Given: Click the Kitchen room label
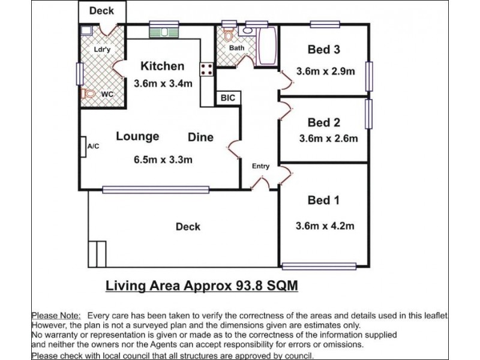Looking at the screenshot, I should (x=162, y=66).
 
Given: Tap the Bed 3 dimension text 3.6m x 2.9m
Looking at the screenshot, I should (x=326, y=71).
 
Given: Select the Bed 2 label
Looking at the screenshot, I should (x=324, y=122).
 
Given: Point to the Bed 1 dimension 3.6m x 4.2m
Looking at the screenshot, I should (x=325, y=226).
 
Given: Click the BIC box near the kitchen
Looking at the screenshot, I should (x=227, y=98).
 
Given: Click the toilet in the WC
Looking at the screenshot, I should (x=88, y=94).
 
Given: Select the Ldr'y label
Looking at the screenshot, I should (x=102, y=50).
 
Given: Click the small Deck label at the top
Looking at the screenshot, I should (x=102, y=11).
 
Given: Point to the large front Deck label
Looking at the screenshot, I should (x=188, y=227).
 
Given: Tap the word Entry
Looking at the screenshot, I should (x=260, y=166).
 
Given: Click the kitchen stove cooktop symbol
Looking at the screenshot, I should (x=207, y=70).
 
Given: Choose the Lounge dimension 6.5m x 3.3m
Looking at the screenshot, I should (x=163, y=160).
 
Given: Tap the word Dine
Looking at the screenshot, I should (x=200, y=137).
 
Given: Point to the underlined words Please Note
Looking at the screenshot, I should (x=56, y=316).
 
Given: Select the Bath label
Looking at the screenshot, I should (x=236, y=48).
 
